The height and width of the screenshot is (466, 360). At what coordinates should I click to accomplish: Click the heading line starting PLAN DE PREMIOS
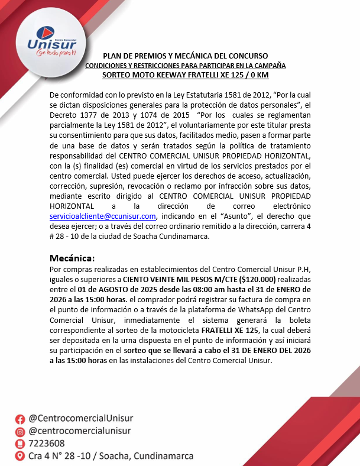(x=186, y=56)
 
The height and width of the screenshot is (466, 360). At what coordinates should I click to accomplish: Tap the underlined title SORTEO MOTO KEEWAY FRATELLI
(x=186, y=75)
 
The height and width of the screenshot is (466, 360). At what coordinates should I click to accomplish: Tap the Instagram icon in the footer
(x=20, y=431)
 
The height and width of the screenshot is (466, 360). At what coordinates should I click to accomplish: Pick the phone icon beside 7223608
(x=20, y=444)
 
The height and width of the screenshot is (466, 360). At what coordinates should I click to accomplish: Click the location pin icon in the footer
(x=20, y=457)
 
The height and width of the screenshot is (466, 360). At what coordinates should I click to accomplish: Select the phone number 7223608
(x=47, y=444)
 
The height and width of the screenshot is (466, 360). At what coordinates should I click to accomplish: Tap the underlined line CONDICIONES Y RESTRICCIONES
(x=186, y=65)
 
